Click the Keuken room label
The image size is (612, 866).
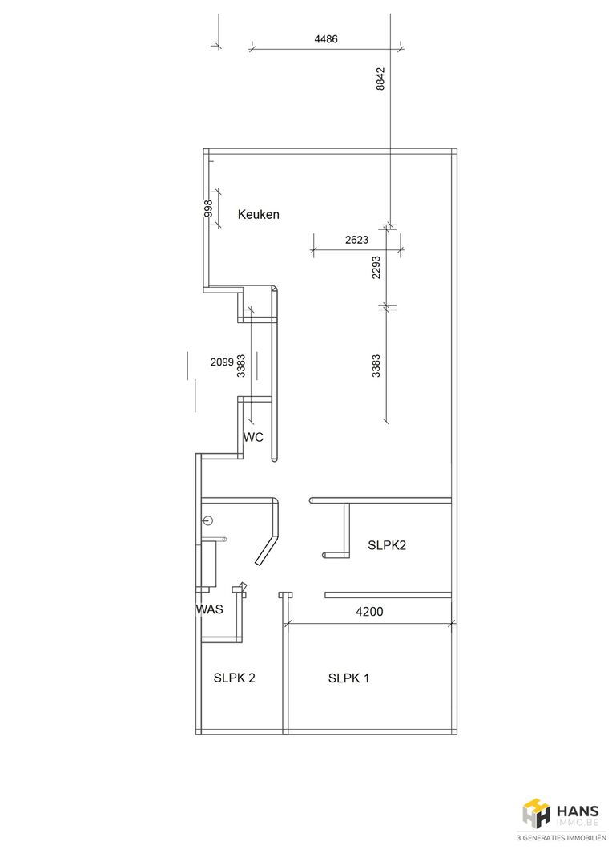(x=258, y=214)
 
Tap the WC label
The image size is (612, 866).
(x=253, y=438)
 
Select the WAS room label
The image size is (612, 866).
(x=210, y=609)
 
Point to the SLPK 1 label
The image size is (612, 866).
(x=348, y=678)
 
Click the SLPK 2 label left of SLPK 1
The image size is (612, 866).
(x=235, y=678)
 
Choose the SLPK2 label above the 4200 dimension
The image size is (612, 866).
(x=387, y=545)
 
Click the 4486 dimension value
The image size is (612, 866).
(x=325, y=39)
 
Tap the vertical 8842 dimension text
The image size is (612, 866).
(x=380, y=79)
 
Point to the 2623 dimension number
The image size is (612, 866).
(x=356, y=240)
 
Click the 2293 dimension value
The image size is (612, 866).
(x=376, y=267)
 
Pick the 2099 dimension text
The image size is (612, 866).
(x=222, y=362)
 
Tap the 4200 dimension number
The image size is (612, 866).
(x=369, y=611)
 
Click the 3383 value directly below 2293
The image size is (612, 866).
(x=376, y=366)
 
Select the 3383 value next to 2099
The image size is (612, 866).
(x=240, y=366)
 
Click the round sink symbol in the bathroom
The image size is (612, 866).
(x=208, y=520)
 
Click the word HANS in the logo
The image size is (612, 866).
(x=578, y=811)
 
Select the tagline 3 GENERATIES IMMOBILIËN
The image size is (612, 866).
(x=561, y=838)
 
